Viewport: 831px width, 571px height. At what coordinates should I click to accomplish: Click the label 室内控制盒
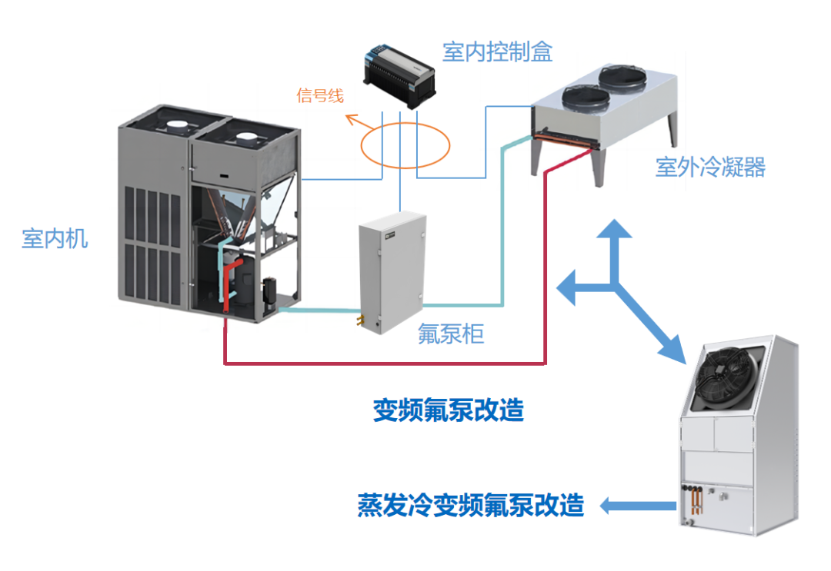coord(497,52)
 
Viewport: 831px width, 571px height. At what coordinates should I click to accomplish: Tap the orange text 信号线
coord(320,96)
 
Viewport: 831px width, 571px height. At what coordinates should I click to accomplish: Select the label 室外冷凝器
coord(710,167)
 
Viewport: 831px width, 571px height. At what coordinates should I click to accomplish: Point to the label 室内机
coord(55,238)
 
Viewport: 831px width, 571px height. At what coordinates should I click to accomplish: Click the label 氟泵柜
coord(451,334)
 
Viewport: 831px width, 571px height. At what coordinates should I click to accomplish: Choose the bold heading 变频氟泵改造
coord(448,410)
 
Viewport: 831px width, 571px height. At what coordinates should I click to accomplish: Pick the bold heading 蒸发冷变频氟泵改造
coord(470,505)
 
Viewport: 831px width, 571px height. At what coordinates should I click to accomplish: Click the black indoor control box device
coord(399,75)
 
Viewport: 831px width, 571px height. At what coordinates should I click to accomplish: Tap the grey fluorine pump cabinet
coord(392,269)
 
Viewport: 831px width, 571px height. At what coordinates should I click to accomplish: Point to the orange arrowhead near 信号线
coord(350,118)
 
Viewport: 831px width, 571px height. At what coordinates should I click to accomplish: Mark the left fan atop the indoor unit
coord(176,124)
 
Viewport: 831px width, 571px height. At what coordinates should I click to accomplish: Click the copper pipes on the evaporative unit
coord(696,500)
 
